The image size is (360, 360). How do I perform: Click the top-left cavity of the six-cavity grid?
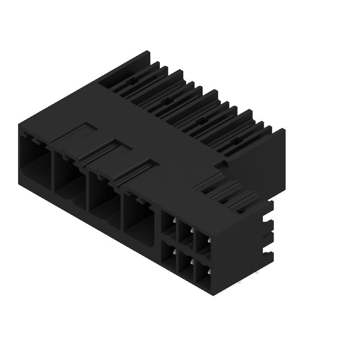point(169,224)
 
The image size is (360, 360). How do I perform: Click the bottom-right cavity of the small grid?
point(202,272)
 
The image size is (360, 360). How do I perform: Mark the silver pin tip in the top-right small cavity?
point(208,242)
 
